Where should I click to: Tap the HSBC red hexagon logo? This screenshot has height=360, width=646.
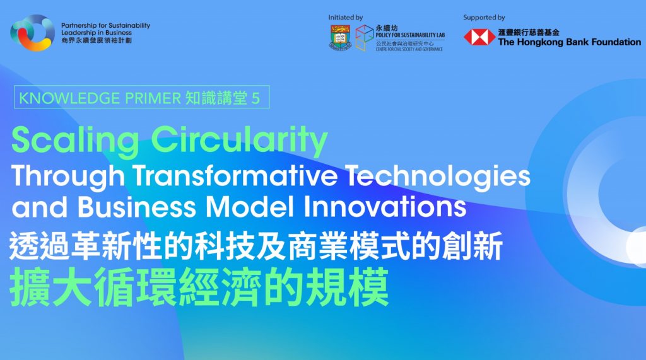point(479,37)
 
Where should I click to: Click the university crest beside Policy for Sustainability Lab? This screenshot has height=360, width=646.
point(340,38)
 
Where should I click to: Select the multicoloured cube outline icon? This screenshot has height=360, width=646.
point(364,38)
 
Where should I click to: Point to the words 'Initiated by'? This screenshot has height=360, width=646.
point(345,17)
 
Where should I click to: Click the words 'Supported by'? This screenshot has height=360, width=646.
point(484,17)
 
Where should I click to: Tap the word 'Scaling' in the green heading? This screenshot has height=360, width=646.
point(76,141)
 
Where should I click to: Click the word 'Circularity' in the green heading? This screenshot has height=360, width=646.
point(239,141)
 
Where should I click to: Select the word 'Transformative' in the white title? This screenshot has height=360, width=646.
point(235,176)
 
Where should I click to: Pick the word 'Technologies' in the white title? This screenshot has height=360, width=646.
point(438,177)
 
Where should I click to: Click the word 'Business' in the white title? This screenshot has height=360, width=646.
point(137,207)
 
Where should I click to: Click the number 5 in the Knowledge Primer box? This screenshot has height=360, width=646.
point(256,98)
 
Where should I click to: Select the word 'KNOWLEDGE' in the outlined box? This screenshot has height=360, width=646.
point(69,98)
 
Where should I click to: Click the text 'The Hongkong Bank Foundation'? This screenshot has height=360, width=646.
point(570,42)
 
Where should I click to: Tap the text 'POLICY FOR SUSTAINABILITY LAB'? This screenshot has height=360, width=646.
point(410,35)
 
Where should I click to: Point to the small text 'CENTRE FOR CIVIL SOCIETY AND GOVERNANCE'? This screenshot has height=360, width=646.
point(409,49)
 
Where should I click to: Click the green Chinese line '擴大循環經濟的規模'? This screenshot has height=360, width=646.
point(199,287)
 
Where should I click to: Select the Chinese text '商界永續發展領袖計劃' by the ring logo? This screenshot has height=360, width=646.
point(97,40)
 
